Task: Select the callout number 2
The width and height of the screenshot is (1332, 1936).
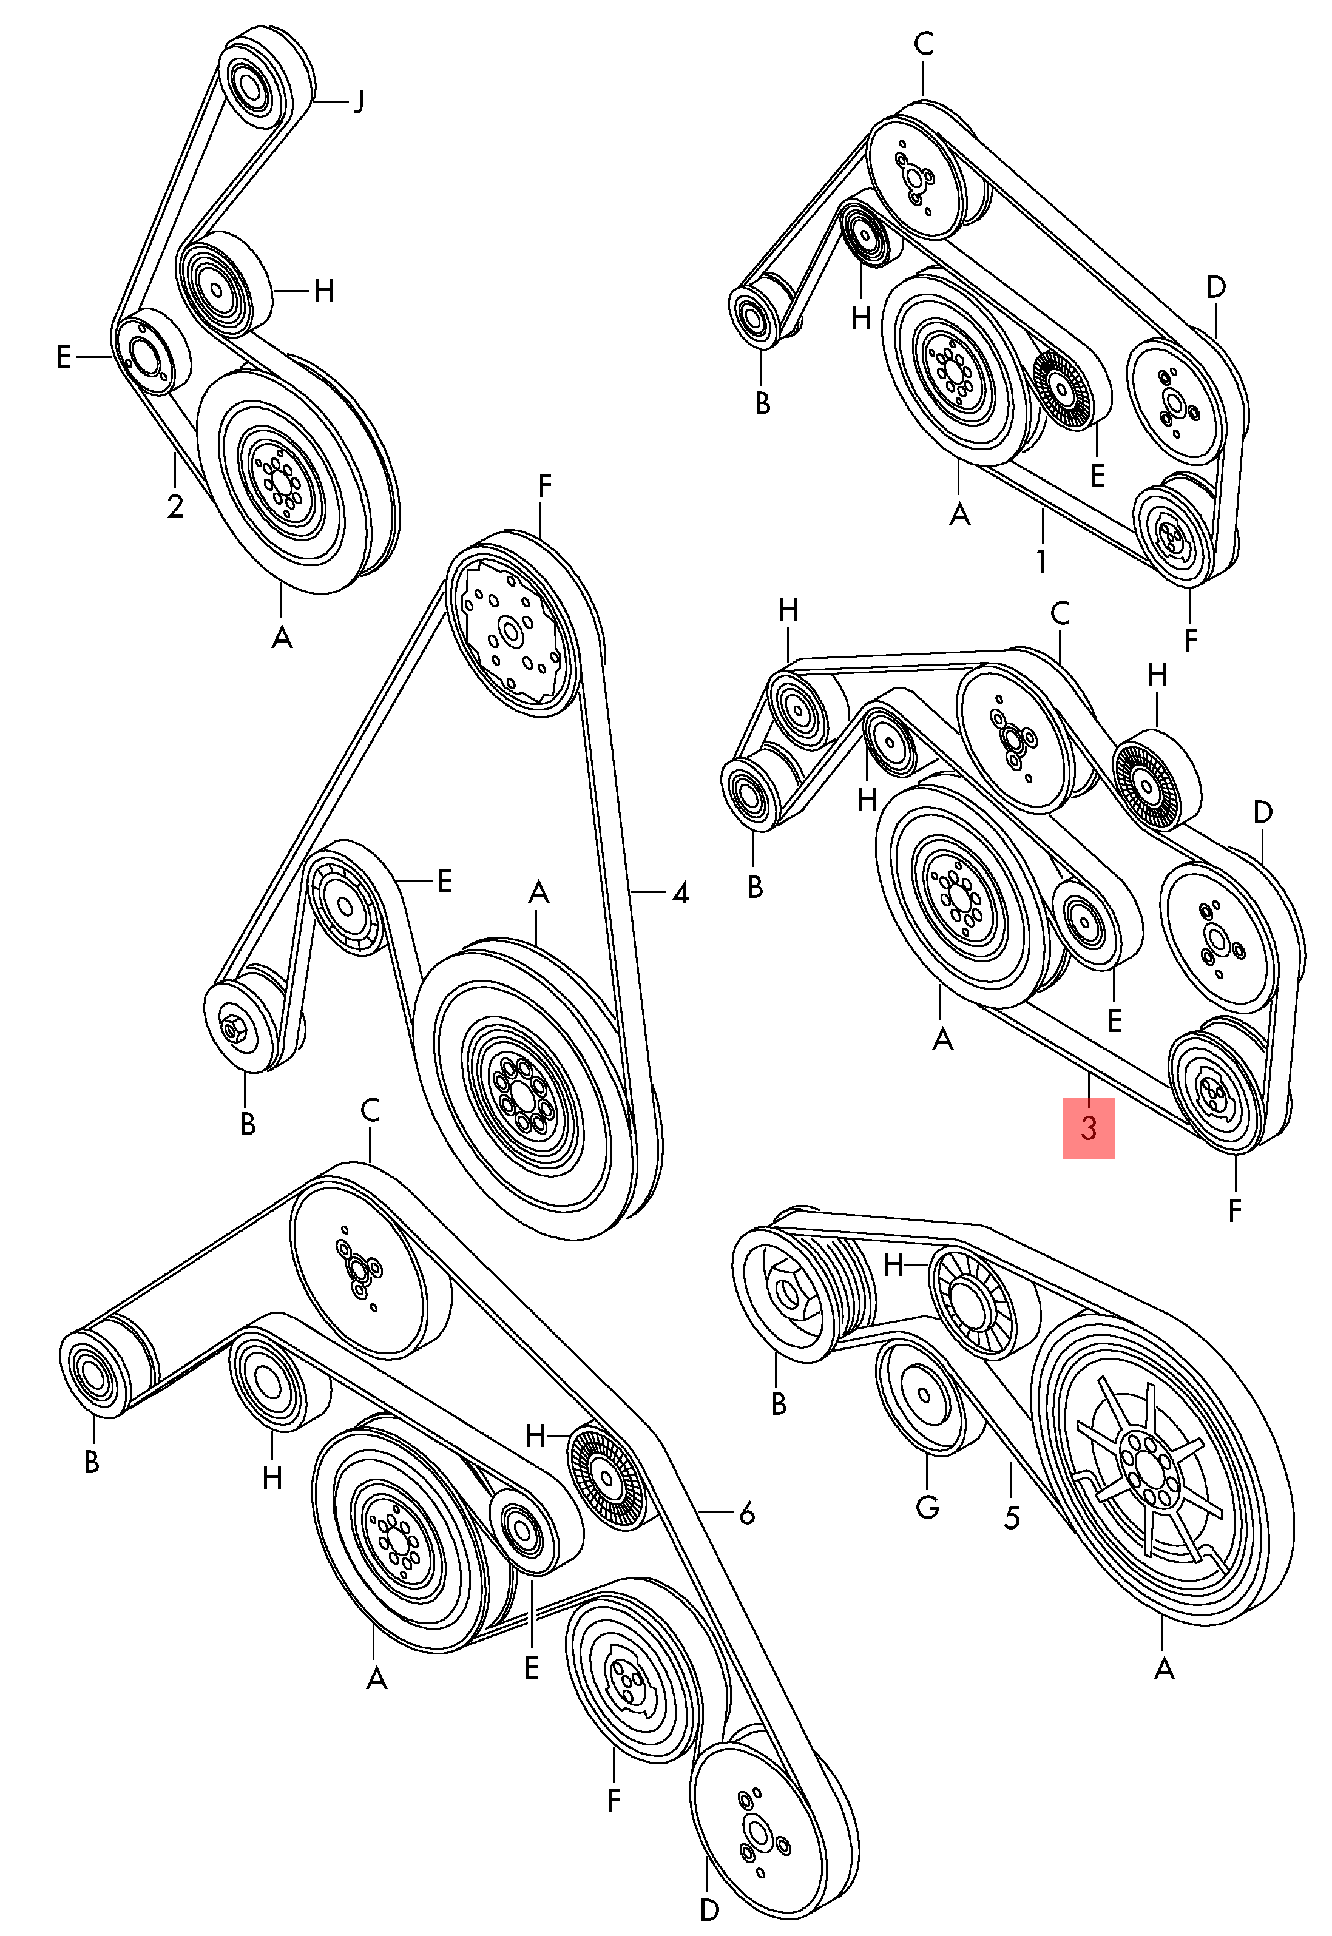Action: point(175,506)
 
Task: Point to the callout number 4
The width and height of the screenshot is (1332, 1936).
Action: point(680,894)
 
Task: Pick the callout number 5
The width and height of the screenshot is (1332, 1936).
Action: point(1012,1516)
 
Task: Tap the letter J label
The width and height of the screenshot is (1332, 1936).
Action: point(357,102)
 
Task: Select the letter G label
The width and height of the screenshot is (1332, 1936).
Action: point(927,1506)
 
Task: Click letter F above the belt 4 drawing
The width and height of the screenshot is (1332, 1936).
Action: point(544,486)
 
